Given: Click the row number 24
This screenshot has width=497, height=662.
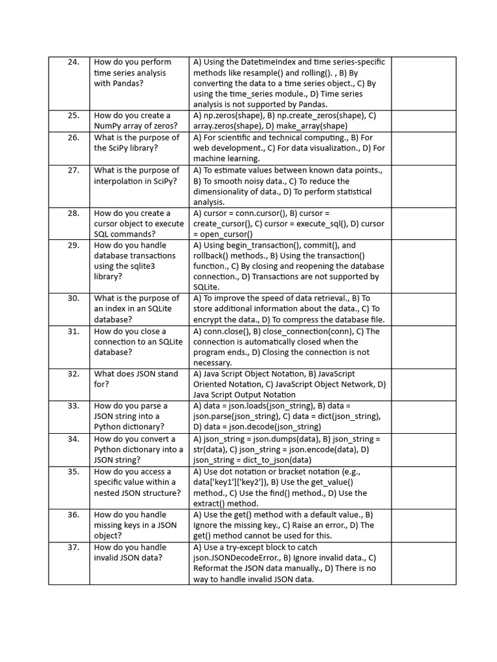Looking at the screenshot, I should [73, 62].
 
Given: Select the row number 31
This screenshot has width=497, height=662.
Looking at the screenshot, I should [73, 331].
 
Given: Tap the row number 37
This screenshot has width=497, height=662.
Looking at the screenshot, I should [73, 547].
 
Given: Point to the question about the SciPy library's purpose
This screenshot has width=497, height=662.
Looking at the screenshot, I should [137, 142].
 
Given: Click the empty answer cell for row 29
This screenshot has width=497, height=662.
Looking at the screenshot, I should [423, 266].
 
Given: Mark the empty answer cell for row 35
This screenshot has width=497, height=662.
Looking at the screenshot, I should [423, 487].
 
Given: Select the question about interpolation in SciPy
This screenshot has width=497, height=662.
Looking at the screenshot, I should [136, 175].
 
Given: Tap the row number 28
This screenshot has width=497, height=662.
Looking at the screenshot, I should [73, 213].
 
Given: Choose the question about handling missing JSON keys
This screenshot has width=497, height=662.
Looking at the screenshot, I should [136, 525].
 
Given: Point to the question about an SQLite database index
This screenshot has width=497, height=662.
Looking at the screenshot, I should [137, 308].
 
